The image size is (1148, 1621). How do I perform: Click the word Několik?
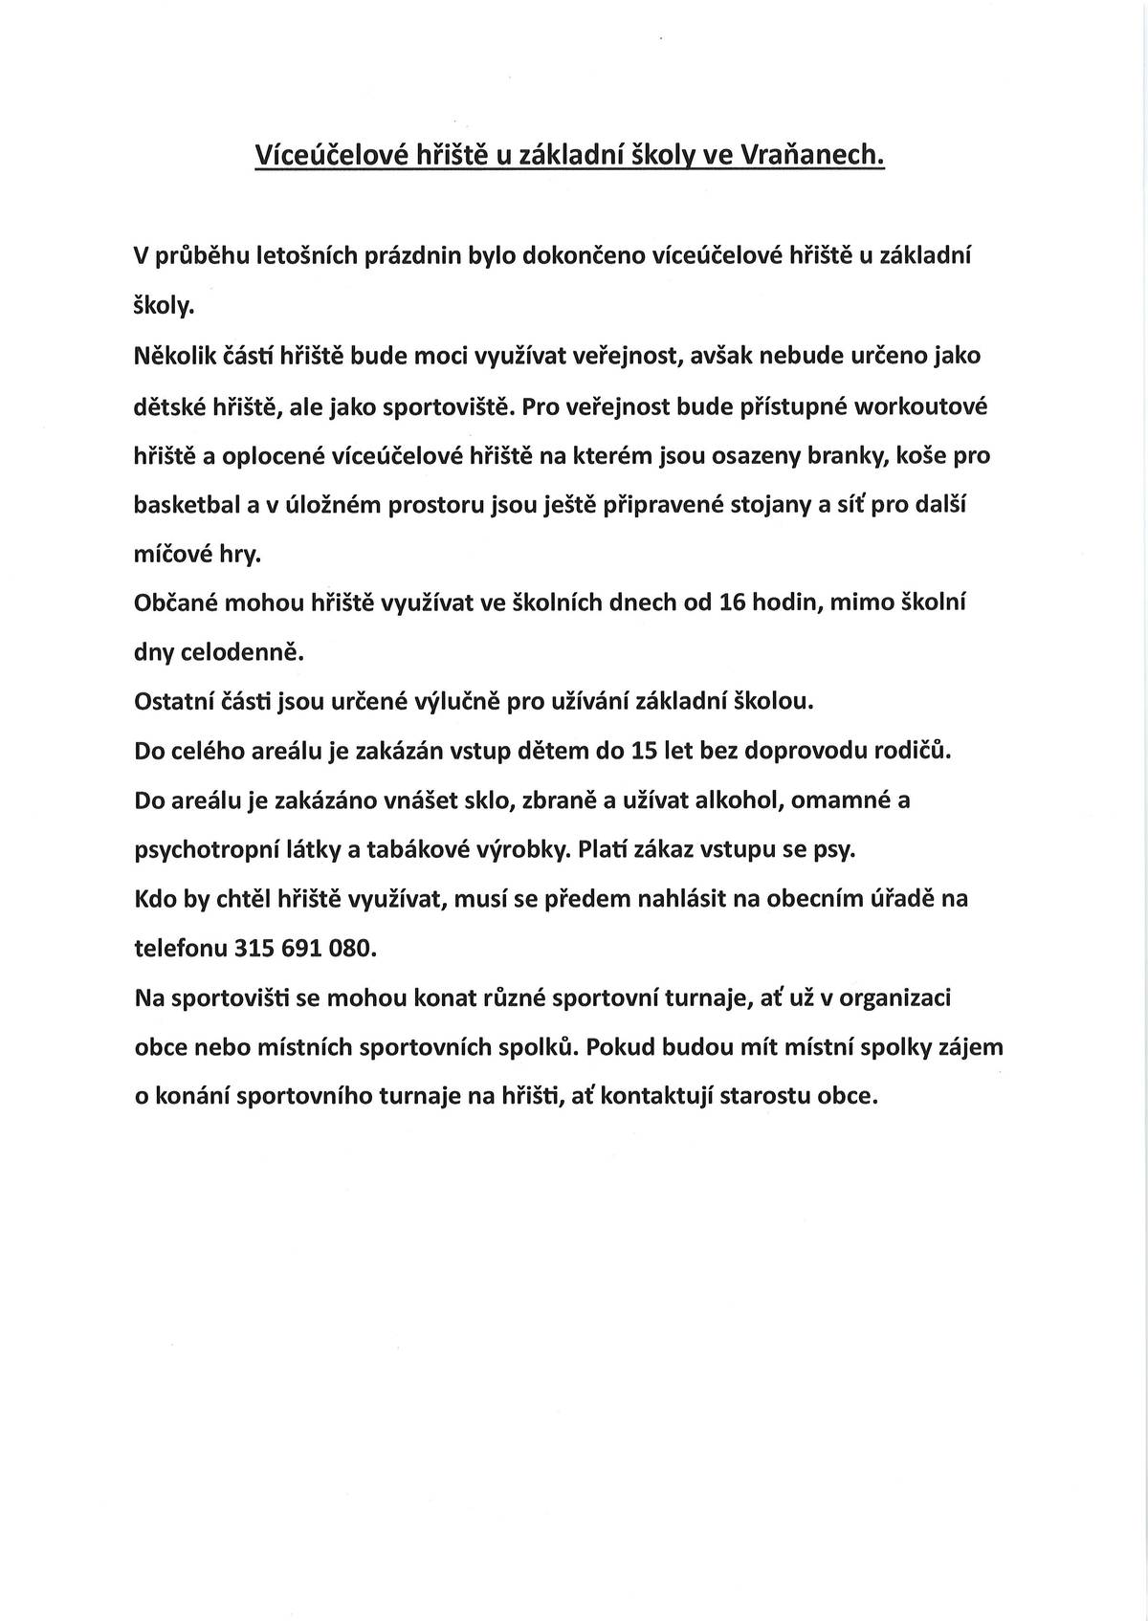click(x=173, y=356)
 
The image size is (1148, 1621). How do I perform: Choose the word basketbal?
click(x=187, y=505)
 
